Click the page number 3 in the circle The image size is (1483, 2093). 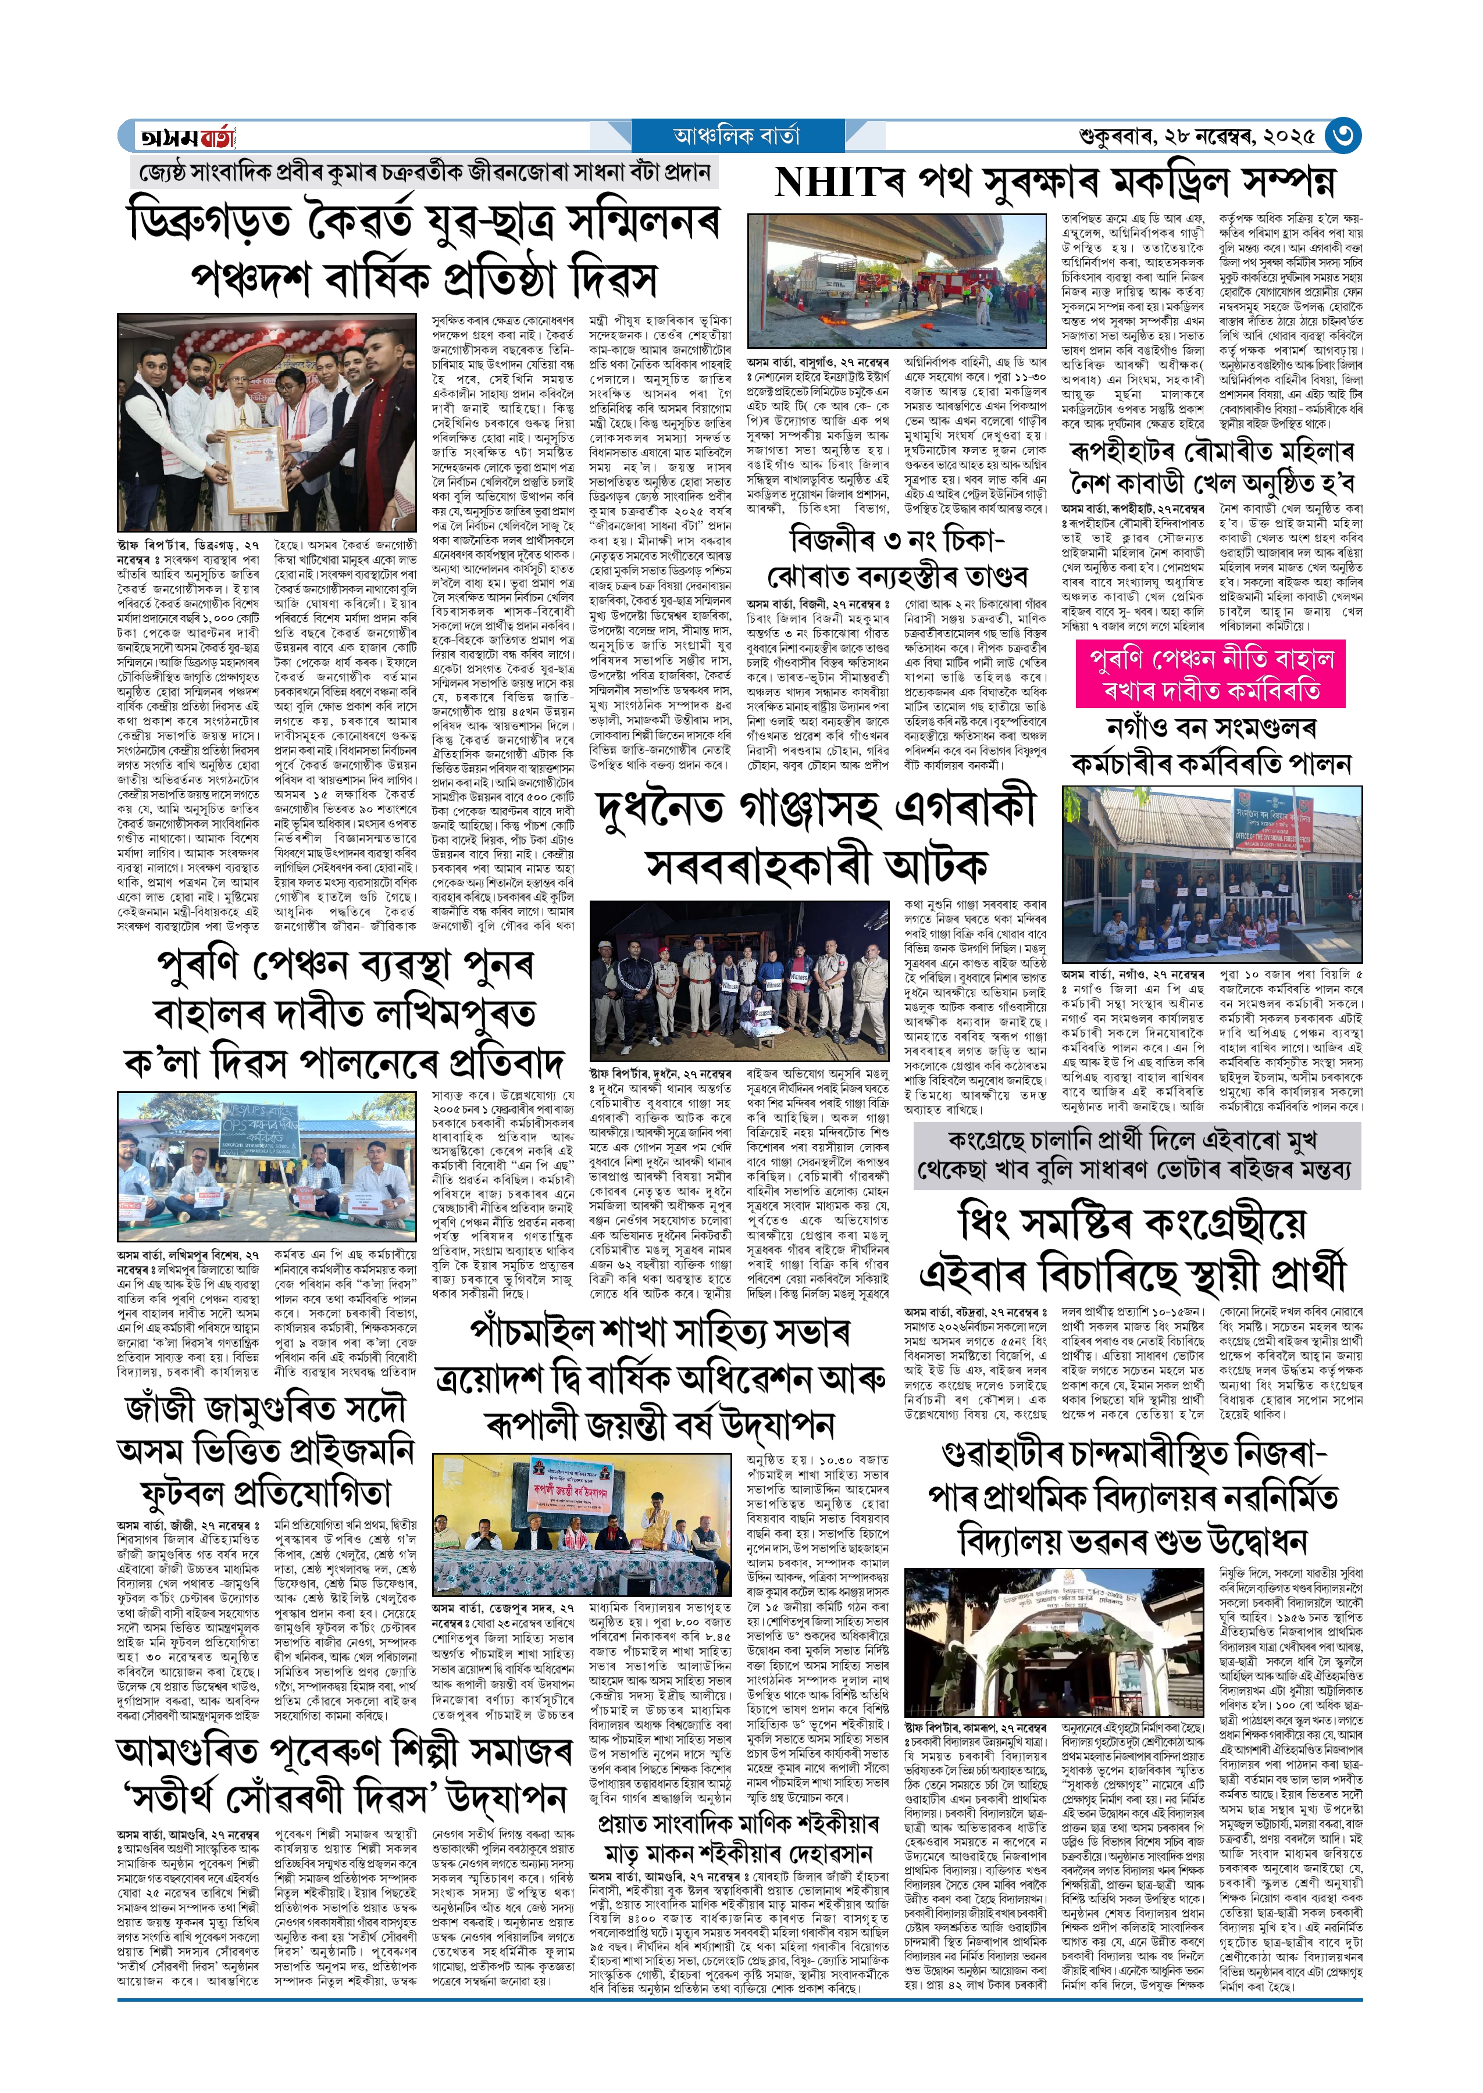(1342, 136)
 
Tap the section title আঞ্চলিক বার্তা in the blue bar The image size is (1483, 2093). (736, 136)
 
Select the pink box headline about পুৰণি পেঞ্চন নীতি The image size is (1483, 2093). (1211, 674)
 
